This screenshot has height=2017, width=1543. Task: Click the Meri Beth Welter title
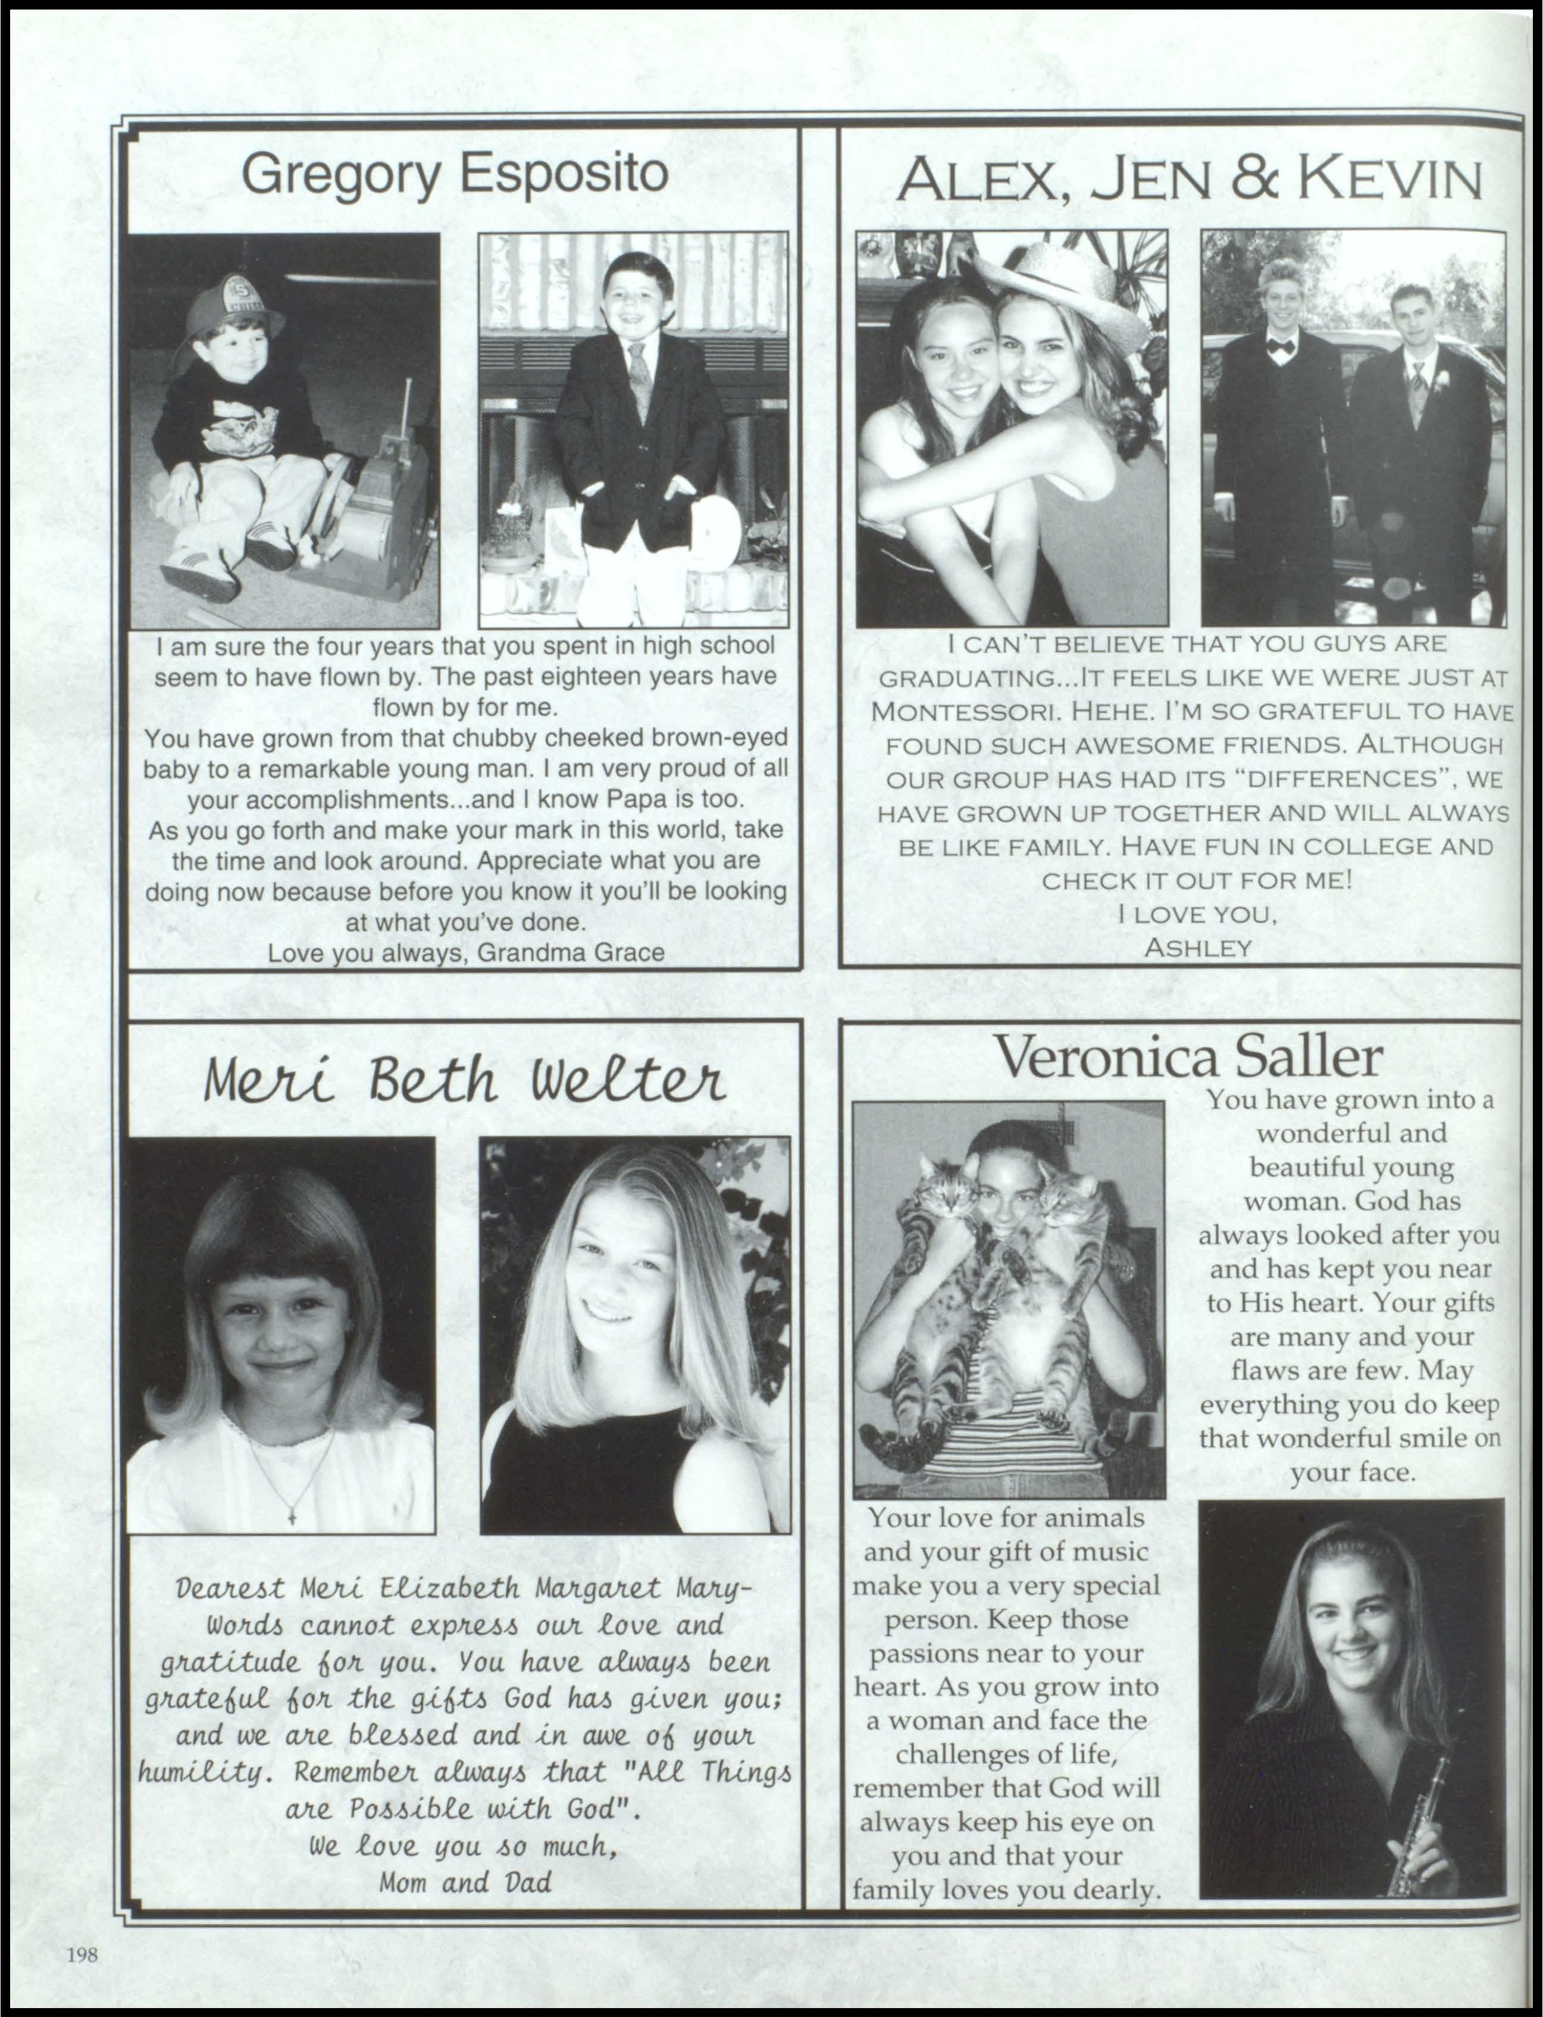click(464, 1081)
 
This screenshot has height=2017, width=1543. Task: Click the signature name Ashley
click(1198, 948)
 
